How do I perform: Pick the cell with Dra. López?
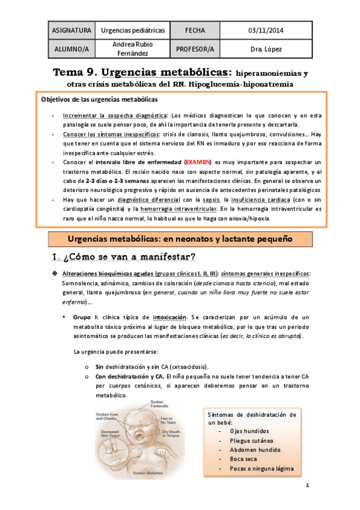coord(267,49)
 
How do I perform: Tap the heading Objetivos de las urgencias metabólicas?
coord(99,99)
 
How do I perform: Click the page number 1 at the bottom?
coord(307,485)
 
